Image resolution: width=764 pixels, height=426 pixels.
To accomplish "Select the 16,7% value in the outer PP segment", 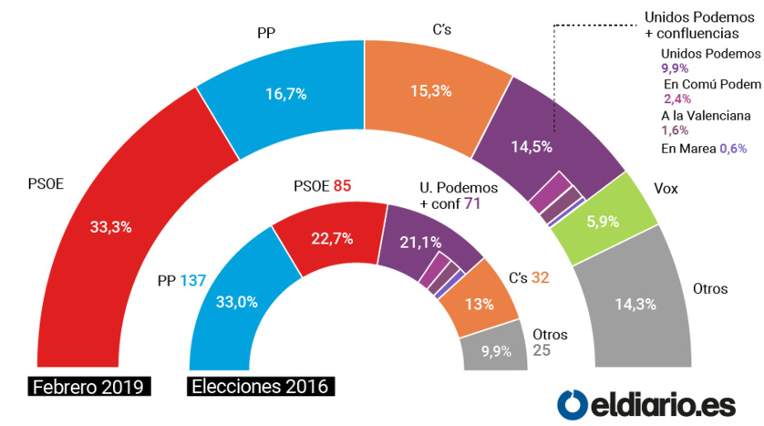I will click(285, 93).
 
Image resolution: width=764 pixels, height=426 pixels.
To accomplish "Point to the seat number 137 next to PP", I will click(194, 280).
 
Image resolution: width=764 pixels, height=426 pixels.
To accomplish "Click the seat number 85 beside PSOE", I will click(342, 186).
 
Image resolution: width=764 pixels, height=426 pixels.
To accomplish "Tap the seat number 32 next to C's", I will click(540, 277).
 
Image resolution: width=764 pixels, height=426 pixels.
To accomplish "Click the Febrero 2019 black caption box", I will click(88, 386).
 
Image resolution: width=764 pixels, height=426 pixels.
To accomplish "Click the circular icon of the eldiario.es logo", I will click(571, 401).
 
